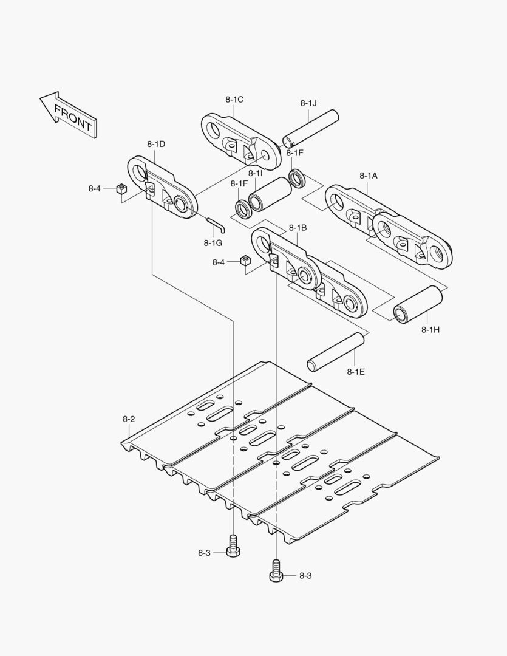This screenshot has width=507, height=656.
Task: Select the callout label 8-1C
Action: (234, 99)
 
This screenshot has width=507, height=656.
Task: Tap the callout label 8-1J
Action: (308, 103)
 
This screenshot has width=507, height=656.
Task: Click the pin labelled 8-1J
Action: (310, 128)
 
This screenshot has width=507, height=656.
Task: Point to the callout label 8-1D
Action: (156, 144)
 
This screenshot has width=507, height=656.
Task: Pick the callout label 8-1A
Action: (368, 175)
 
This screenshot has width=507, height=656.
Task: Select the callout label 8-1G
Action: (213, 243)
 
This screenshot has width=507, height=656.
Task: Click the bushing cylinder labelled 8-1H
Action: (417, 304)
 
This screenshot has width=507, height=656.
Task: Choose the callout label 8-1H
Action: (430, 330)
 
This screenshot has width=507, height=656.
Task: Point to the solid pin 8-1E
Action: (335, 352)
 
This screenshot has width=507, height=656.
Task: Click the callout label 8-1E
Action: (356, 371)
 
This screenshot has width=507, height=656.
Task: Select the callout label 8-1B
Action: (298, 227)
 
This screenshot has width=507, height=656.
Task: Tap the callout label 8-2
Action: (129, 419)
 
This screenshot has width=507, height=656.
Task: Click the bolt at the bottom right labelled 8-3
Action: (276, 572)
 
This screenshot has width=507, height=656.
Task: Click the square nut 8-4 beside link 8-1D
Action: (121, 189)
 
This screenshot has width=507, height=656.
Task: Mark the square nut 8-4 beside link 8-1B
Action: (245, 262)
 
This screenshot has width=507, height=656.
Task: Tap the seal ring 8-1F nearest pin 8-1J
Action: (297, 178)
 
